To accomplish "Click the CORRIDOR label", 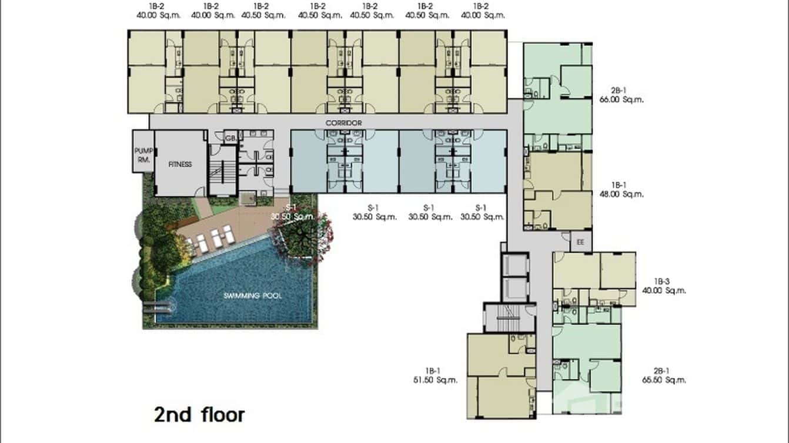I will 343,123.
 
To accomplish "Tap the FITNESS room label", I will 180,165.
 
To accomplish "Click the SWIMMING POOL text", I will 252,296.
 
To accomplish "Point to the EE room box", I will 580,241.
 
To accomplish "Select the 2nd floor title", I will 199,415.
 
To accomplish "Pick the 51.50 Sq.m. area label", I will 435,380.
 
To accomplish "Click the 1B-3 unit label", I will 664,281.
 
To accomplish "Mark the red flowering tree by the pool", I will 300,234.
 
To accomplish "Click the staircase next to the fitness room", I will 222,170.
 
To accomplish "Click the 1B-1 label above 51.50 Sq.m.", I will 435,371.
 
